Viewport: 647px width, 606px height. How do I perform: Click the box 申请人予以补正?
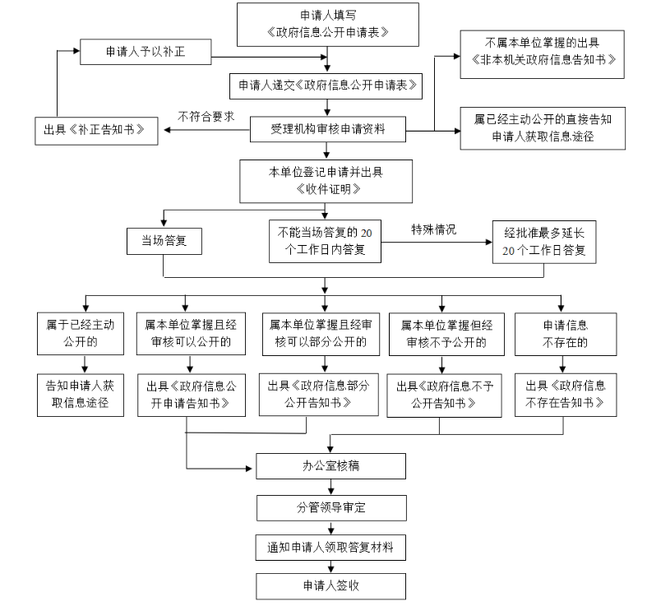(146, 52)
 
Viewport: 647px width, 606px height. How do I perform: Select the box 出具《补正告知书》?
(95, 130)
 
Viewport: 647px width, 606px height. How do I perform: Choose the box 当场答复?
(164, 241)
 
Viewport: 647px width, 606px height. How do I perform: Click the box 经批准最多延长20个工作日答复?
(544, 242)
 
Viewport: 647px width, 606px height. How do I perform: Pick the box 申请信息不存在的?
(566, 333)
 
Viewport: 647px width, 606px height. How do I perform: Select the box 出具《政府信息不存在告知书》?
(566, 395)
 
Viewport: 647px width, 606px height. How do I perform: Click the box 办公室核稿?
(330, 465)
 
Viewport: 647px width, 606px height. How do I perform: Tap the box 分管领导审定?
(330, 507)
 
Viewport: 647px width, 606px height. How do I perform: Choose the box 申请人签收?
(330, 585)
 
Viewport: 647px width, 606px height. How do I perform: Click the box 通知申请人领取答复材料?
(330, 547)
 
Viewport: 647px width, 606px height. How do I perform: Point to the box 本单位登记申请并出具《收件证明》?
(327, 181)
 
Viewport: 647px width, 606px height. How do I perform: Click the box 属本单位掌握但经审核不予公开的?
(441, 333)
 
